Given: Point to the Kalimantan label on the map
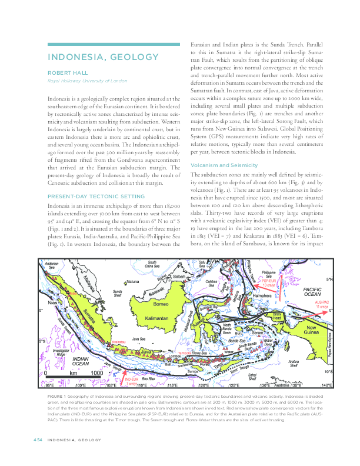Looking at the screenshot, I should coord(155,317).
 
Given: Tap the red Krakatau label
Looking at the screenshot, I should coord(114,341).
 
